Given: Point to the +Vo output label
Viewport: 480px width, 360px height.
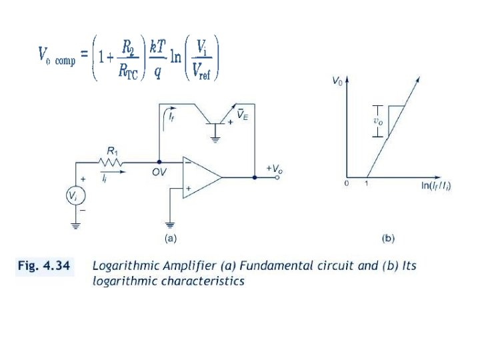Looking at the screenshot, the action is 275,169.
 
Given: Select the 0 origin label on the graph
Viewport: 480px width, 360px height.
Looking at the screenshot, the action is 347,183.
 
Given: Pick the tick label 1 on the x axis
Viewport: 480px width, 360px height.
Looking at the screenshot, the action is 367,183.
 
